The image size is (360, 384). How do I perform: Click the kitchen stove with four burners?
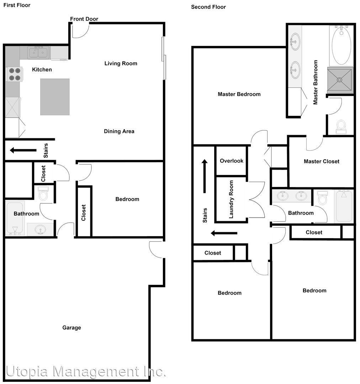click(x=14, y=74)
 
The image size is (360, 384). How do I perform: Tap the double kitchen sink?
click(x=38, y=53)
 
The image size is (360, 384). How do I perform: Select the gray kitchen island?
click(x=55, y=97)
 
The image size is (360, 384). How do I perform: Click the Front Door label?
click(x=84, y=19)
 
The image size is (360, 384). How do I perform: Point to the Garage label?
click(x=72, y=328)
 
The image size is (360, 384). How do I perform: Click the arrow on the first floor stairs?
click(x=23, y=150)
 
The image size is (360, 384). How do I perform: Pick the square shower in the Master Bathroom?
click(x=340, y=80)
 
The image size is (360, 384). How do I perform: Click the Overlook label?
click(x=232, y=161)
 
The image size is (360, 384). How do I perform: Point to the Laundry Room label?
click(x=231, y=199)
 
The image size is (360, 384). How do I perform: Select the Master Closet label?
click(x=322, y=161)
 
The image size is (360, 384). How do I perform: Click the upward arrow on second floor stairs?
click(x=205, y=176)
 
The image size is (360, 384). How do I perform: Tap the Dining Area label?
click(x=119, y=131)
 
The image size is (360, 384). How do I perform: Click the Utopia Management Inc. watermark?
click(x=86, y=372)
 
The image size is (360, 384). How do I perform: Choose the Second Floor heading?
click(x=208, y=7)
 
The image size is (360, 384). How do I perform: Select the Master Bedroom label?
click(x=239, y=94)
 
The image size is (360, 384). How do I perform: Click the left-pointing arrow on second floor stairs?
click(x=224, y=233)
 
